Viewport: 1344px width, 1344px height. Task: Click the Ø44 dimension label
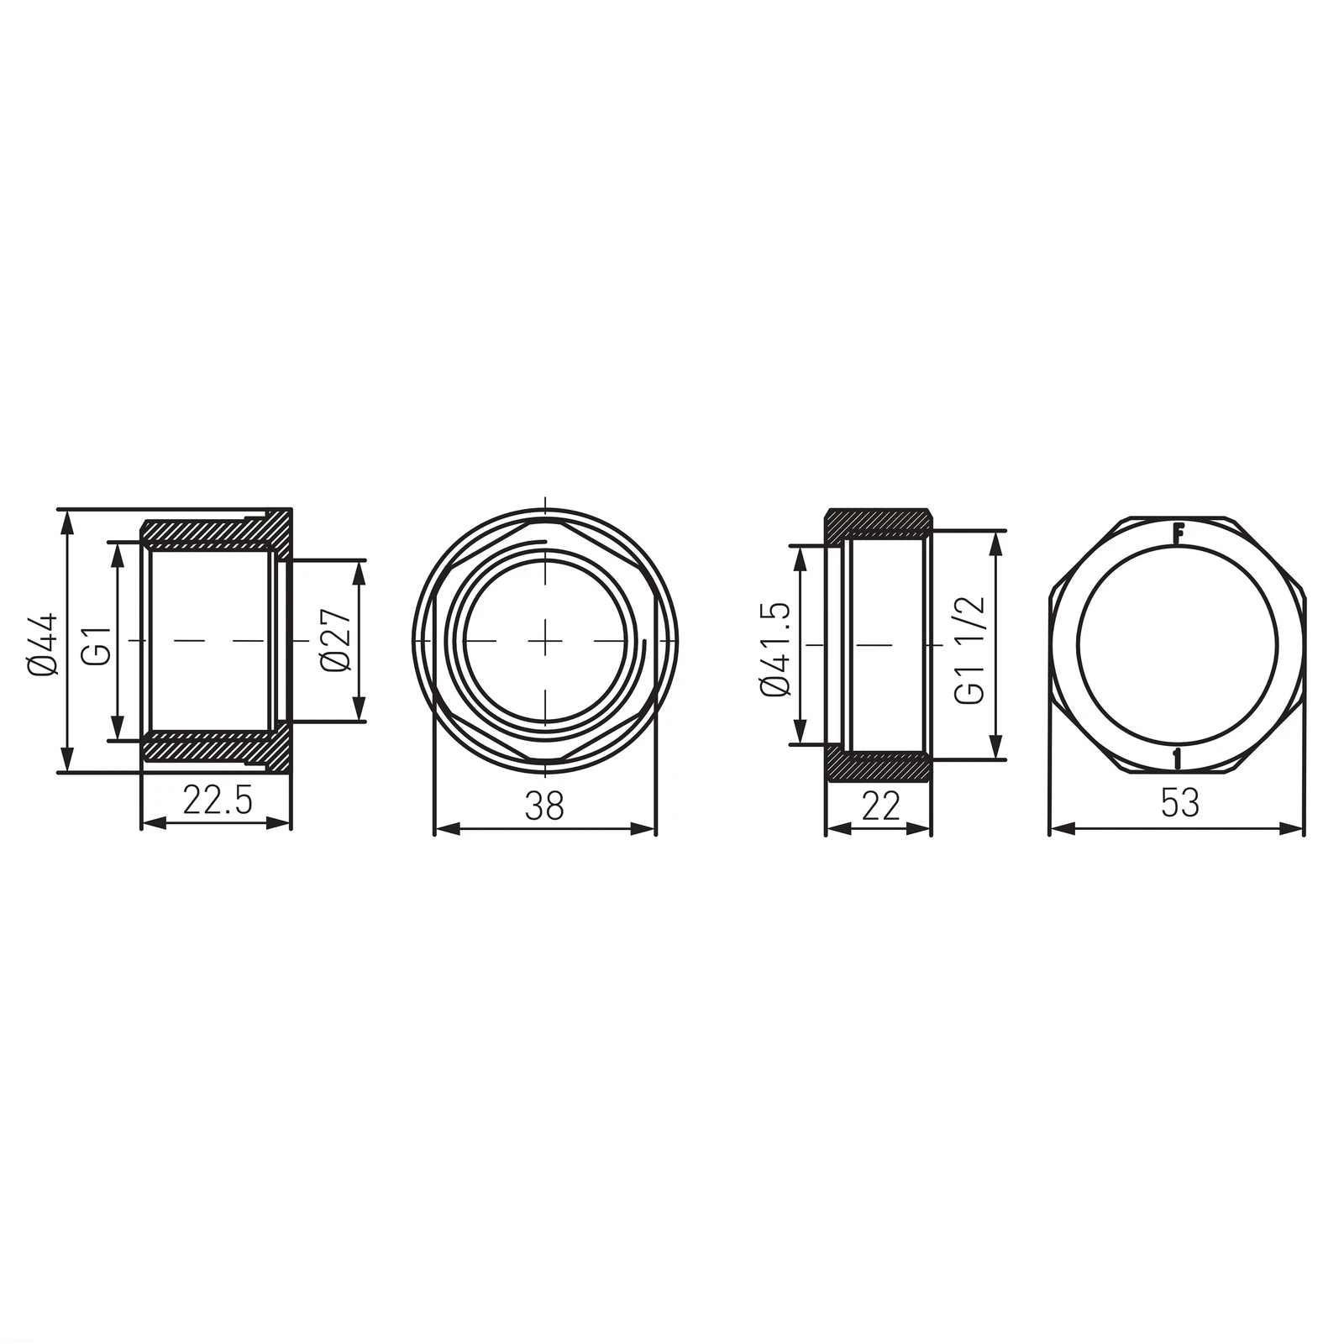point(44,642)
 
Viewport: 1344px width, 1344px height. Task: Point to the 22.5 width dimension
point(217,802)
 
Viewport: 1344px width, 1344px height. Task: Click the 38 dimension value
point(545,806)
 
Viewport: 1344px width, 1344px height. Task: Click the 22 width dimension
point(879,806)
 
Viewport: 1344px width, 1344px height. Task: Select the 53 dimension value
point(1179,804)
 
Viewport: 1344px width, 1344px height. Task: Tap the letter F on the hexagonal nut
point(1179,533)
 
